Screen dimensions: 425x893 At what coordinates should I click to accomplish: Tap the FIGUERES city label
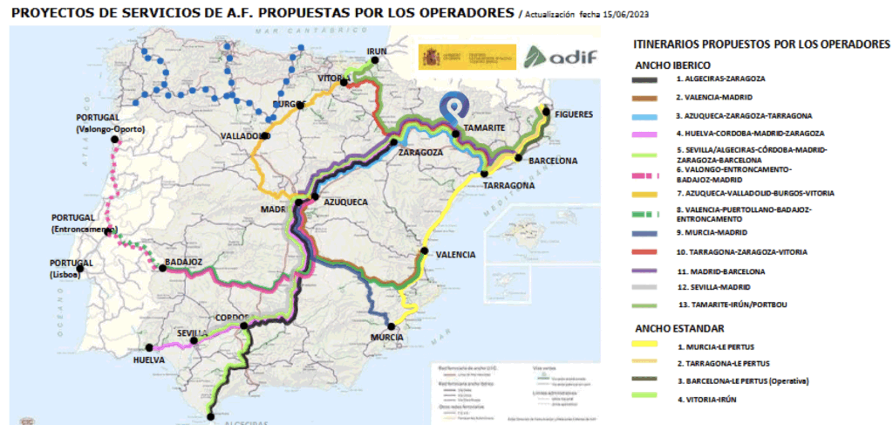coord(573,114)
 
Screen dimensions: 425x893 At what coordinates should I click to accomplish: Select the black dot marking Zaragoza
coord(394,141)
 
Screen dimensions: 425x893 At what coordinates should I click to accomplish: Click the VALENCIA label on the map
coord(456,255)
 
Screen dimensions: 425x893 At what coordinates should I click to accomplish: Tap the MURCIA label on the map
coord(386,337)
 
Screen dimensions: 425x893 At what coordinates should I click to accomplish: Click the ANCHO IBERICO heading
coord(672,65)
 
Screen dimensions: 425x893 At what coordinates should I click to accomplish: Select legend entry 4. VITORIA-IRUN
coord(706,400)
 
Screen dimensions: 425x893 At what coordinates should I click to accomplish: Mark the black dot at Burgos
coord(300,106)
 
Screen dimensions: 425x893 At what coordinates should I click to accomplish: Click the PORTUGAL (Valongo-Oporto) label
coord(110,125)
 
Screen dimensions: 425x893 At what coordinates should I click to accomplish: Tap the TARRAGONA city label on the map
coord(508,185)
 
